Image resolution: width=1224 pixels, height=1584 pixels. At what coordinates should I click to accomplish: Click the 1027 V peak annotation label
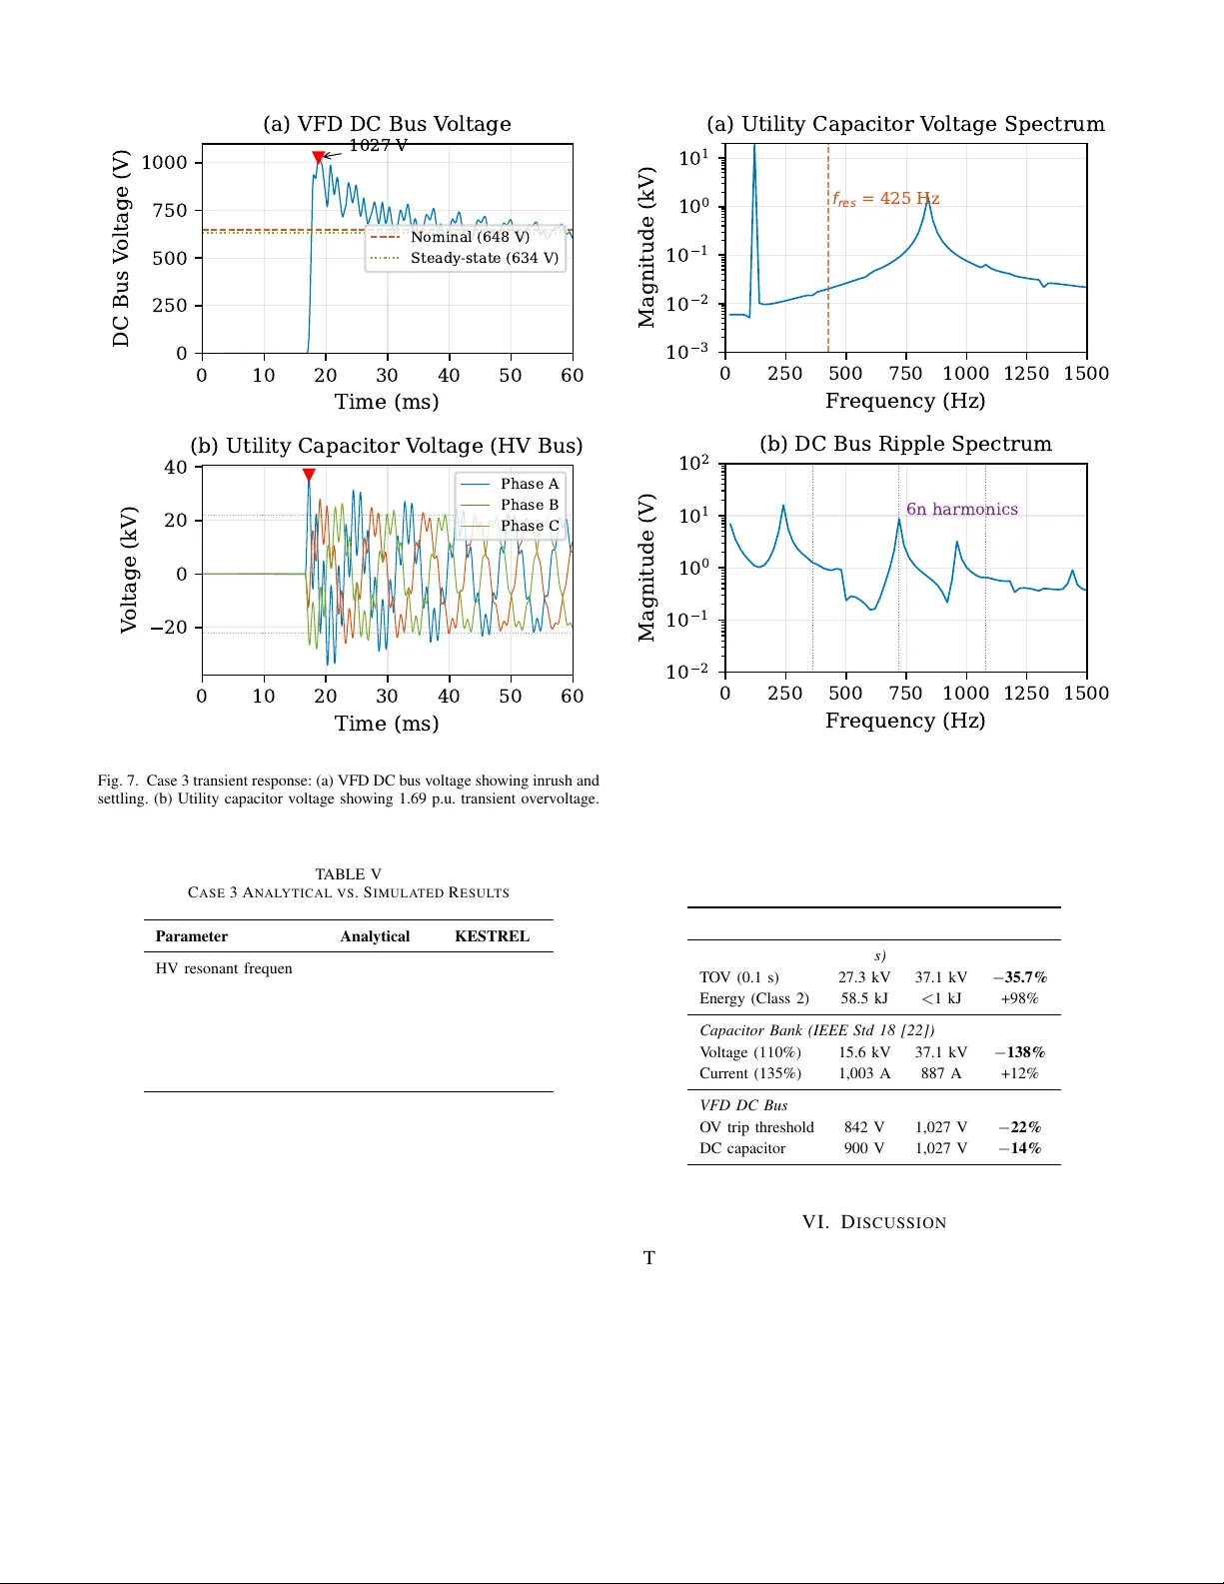pos(378,146)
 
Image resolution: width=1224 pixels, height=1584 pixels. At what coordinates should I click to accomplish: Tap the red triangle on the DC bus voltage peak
pos(318,157)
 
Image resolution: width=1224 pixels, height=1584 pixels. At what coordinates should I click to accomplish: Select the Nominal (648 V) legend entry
pos(469,237)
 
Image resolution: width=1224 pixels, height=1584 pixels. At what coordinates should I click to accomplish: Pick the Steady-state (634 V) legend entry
pos(484,258)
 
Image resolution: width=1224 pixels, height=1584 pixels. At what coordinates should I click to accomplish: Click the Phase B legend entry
pos(529,505)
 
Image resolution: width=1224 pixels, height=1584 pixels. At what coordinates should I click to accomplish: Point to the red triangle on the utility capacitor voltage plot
pos(309,475)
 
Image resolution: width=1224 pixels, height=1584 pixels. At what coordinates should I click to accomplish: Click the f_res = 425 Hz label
pos(885,199)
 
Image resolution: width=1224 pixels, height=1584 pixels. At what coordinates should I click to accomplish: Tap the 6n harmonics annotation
pos(961,510)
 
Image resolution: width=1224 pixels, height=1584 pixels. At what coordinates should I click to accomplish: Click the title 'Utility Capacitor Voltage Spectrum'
pos(905,124)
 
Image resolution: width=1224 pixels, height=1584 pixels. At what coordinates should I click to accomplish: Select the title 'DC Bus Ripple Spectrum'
pos(905,444)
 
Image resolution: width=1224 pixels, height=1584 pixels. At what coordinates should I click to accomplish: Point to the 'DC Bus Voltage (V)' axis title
pos(121,249)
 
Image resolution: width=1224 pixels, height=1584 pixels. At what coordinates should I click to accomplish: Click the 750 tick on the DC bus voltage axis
pos(170,210)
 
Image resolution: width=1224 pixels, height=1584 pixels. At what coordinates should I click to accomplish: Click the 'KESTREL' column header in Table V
pos(492,936)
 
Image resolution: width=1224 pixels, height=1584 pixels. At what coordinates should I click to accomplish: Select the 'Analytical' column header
pos(375,936)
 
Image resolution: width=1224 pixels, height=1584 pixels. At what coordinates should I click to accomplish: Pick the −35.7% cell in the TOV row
pos(1019,977)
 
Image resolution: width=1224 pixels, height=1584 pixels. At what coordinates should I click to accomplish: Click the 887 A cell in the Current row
pos(940,1073)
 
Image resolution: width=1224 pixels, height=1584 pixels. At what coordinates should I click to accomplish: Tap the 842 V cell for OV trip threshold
pos(863,1127)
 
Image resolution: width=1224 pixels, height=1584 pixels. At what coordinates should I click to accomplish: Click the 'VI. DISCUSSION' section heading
pos(874,1222)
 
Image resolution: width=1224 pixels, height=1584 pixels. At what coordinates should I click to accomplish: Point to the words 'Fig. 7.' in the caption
pos(118,781)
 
